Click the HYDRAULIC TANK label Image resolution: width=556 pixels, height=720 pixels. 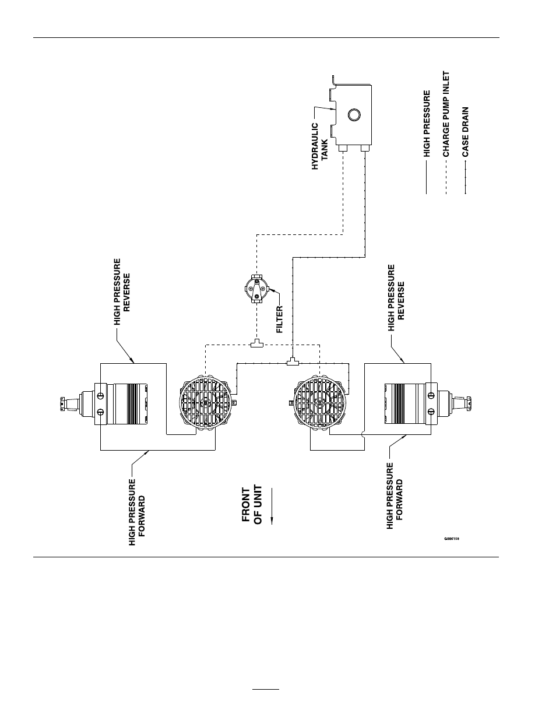tap(320, 146)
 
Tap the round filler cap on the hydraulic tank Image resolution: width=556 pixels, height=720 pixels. tap(354, 115)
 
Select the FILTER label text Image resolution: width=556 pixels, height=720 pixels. tap(280, 319)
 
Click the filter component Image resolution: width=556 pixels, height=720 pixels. tap(257, 288)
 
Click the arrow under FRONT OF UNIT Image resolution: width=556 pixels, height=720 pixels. tap(272, 506)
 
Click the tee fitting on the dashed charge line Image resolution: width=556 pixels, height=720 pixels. tap(257, 344)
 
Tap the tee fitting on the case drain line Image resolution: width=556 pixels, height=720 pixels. tap(293, 362)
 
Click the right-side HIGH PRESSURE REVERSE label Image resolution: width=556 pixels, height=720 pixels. tap(396, 297)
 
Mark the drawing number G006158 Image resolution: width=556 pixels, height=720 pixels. tap(452, 539)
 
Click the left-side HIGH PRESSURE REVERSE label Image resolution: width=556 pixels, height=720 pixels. tap(122, 292)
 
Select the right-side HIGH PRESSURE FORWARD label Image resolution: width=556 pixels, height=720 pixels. tap(395, 496)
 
